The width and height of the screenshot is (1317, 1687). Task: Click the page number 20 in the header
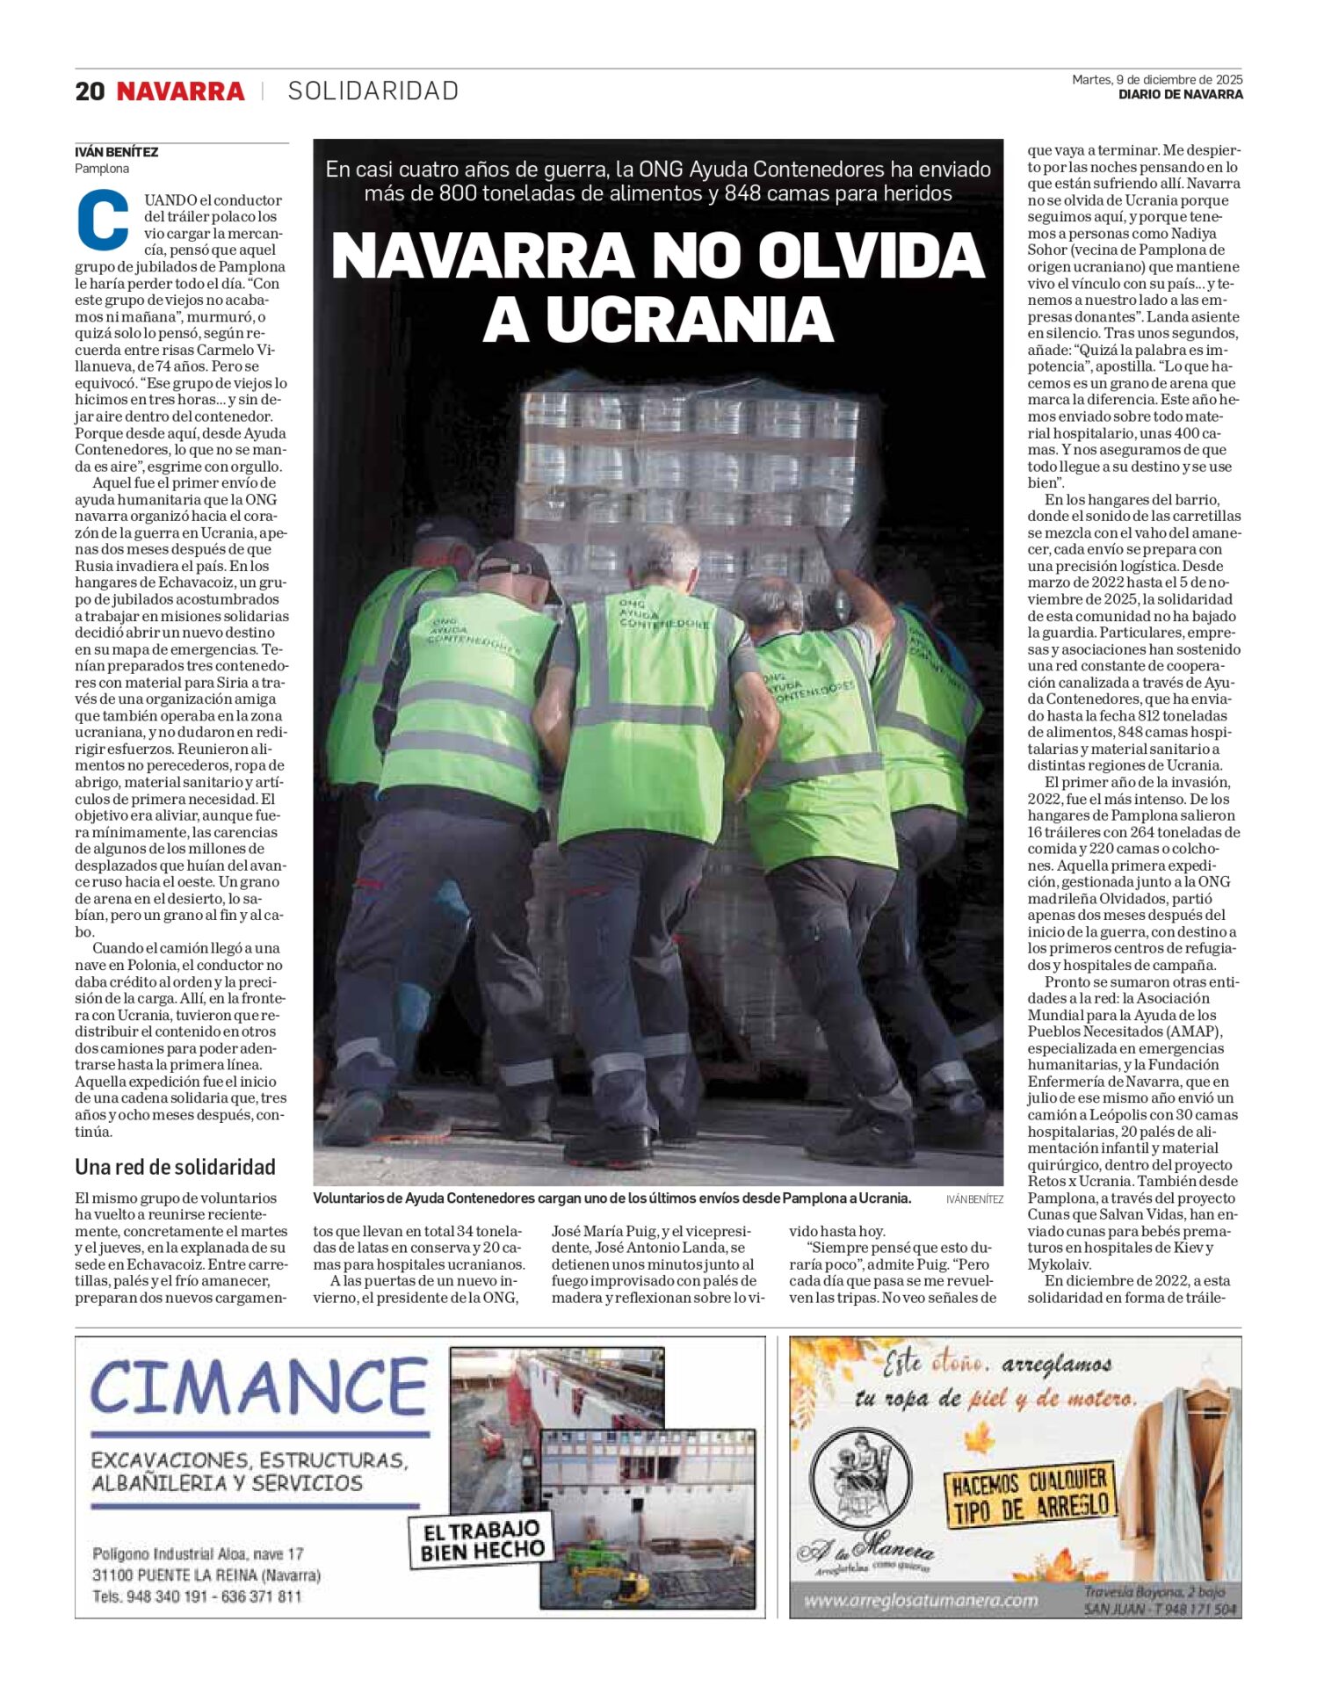click(90, 91)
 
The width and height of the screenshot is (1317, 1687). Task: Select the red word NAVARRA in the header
click(181, 91)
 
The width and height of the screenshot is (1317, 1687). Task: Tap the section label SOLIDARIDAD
click(373, 91)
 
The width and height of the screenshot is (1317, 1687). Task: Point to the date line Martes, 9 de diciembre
click(1156, 80)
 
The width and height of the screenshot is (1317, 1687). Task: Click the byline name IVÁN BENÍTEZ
click(117, 152)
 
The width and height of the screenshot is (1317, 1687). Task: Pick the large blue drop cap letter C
click(104, 220)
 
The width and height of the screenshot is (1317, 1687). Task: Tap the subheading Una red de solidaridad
click(175, 1167)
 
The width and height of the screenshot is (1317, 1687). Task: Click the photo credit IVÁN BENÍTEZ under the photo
click(974, 1199)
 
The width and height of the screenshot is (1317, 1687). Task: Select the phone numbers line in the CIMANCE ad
click(197, 1596)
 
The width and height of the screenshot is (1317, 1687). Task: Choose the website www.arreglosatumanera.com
click(921, 1600)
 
